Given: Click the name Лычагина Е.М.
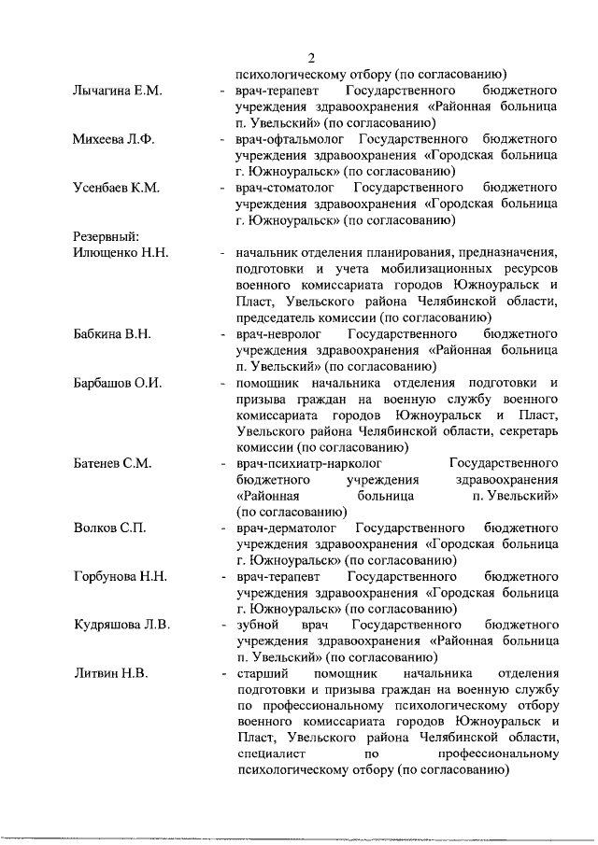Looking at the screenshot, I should tap(118, 91).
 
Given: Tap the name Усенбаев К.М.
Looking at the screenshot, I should tap(116, 188).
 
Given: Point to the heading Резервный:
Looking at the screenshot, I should tap(106, 236).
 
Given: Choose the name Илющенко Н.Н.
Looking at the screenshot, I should tap(120, 252).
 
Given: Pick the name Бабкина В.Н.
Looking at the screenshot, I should tap(112, 333).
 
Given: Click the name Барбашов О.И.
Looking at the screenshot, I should tap(118, 382).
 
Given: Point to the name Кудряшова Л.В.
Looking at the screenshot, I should tap(121, 625).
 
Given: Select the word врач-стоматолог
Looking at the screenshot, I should tap(283, 188).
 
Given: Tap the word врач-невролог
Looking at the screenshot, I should tap(278, 333).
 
